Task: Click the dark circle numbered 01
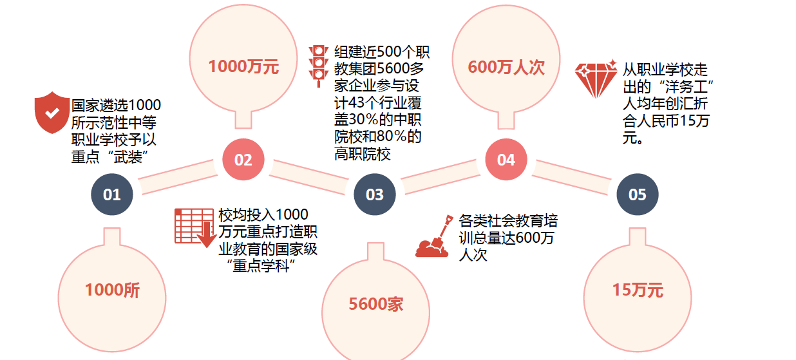112,194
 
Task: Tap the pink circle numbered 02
243,160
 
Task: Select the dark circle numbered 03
375,194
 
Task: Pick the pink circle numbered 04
506,160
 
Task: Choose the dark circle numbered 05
638,194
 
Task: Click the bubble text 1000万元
244,67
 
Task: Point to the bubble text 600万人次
506,67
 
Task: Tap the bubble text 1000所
112,290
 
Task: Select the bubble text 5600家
376,304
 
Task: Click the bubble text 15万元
638,290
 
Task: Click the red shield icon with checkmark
52,113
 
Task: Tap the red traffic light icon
318,66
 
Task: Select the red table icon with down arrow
195,227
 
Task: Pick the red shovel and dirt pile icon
434,236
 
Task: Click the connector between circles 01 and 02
178,177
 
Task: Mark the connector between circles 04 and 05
572,177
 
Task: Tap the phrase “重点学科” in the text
261,266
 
